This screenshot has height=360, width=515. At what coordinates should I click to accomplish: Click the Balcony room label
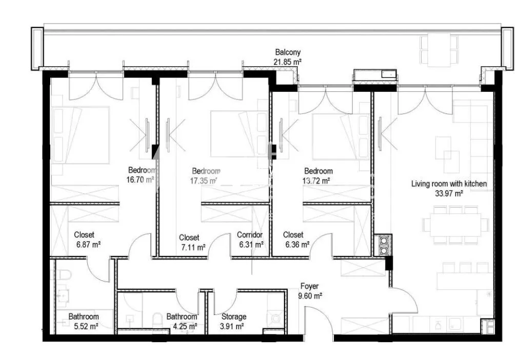(288, 52)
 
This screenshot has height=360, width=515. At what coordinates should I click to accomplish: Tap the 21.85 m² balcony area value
(287, 62)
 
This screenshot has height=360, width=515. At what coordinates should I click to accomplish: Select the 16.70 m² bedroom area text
(140, 179)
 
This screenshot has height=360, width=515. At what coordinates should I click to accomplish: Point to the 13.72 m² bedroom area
(316, 181)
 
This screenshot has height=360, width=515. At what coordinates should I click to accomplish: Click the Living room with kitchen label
(449, 184)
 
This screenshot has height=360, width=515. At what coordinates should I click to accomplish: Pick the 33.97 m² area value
(449, 193)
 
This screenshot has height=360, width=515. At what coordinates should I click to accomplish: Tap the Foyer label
(309, 287)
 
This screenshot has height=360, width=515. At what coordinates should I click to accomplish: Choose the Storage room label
(234, 317)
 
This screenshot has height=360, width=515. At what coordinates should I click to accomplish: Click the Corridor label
(250, 235)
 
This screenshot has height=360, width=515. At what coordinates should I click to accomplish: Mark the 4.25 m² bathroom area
(185, 327)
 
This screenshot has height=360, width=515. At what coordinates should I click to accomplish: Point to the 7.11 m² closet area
(193, 247)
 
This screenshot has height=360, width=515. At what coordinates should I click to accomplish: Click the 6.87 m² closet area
(88, 245)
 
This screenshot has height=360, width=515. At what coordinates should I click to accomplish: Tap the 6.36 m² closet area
(297, 245)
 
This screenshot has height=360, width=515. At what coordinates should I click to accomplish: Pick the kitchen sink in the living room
(454, 324)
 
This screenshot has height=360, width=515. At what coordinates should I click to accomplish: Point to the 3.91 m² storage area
(232, 327)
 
